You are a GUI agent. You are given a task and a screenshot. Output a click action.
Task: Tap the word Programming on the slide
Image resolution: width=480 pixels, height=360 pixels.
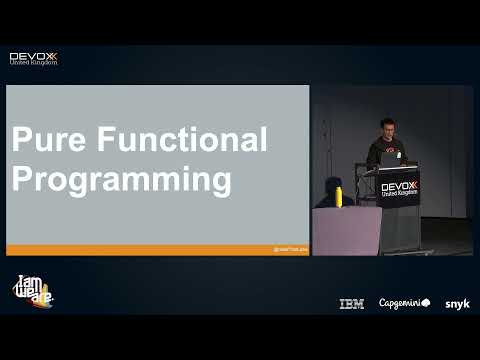121,180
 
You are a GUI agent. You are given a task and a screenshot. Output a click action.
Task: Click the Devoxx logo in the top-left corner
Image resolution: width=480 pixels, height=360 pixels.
33,57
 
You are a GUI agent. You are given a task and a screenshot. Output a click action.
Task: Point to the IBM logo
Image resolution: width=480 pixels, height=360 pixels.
351,304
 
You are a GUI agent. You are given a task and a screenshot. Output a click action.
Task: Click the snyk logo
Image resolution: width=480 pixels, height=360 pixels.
457,304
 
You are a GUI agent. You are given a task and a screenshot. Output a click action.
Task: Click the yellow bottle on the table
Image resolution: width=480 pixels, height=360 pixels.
339,195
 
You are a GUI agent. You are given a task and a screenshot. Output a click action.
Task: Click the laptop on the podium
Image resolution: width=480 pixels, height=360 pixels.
390,158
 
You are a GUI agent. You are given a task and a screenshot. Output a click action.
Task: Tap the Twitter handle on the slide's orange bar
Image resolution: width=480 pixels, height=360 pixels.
290,249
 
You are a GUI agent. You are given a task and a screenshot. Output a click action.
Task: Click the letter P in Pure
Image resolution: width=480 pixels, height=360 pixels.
20,140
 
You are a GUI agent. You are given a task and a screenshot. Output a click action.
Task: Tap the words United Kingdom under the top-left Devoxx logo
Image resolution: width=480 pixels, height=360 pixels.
33,63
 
